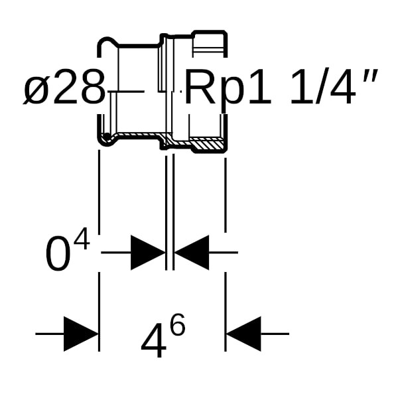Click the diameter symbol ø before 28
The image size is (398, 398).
click(36, 90)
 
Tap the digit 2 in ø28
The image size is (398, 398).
click(66, 88)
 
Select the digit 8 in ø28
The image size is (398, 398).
click(92, 88)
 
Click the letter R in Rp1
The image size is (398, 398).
click(199, 88)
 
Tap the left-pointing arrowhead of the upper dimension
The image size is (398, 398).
click(192, 252)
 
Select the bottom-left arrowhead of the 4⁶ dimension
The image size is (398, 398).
click(80, 334)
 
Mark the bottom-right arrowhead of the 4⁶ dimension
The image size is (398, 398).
click(243, 334)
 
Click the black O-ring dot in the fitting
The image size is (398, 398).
click(106, 137)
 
